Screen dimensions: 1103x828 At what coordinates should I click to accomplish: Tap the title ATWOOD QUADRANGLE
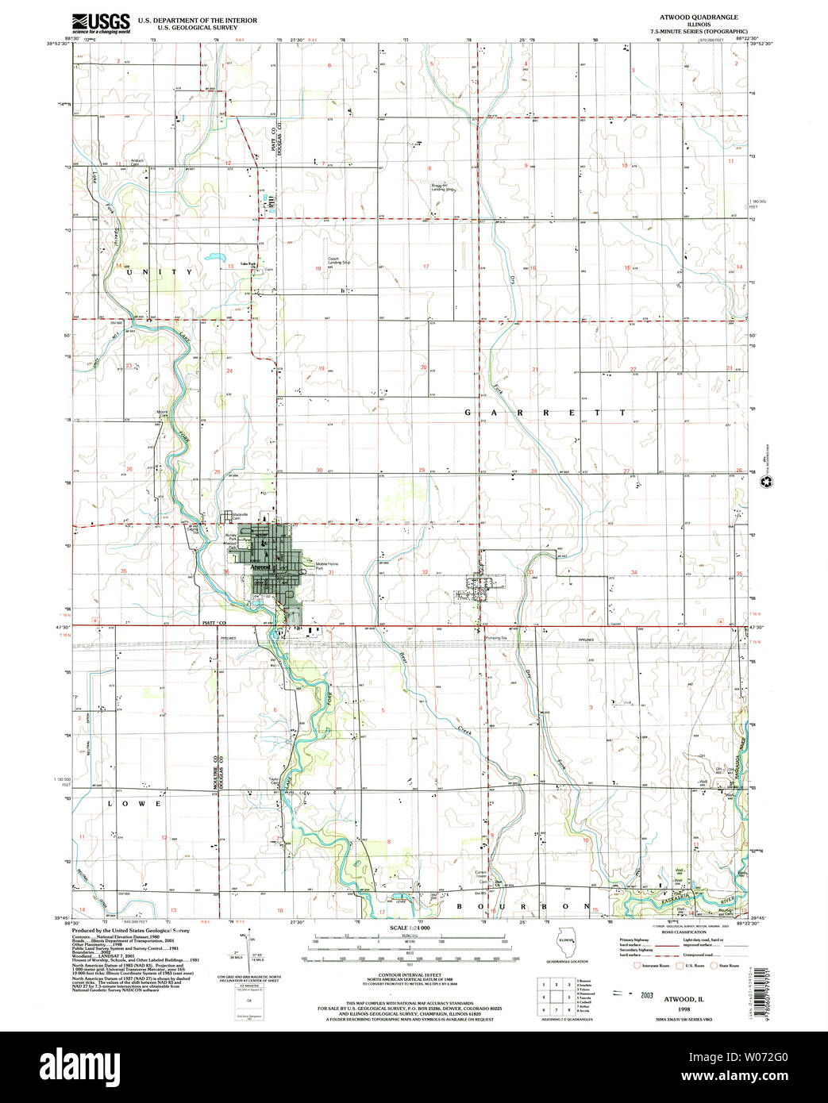pyautogui.click(x=703, y=17)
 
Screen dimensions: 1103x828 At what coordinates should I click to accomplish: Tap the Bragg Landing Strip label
pyautogui.click(x=442, y=188)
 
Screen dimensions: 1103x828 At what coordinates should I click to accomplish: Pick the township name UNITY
pyautogui.click(x=158, y=271)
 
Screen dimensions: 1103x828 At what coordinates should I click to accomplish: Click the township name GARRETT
pyautogui.click(x=545, y=413)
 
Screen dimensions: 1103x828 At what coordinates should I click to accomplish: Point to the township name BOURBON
pyautogui.click(x=523, y=905)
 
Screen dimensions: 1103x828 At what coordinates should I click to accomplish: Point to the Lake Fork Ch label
pyautogui.click(x=248, y=264)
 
